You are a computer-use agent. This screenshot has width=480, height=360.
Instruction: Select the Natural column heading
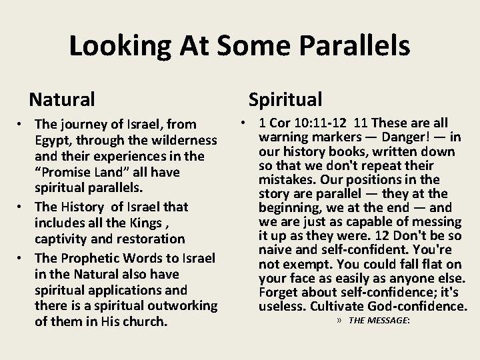pos(62,100)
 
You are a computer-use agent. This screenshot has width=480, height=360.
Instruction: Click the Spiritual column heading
pos(285,99)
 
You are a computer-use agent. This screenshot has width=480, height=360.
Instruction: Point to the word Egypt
pos(51,141)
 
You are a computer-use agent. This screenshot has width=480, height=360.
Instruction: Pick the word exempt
pos(305,264)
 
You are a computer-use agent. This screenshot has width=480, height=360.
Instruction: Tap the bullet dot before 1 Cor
pos(245,123)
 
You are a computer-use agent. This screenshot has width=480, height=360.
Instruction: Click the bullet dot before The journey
pos(23,125)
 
